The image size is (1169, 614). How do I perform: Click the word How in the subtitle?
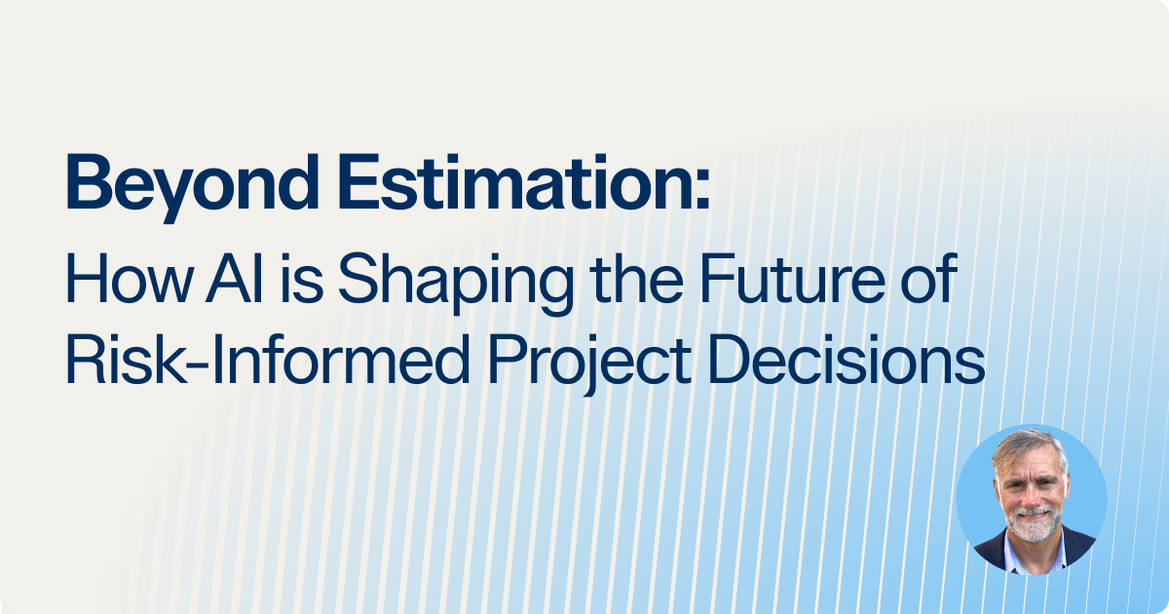point(129,279)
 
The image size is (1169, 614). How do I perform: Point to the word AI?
point(235,279)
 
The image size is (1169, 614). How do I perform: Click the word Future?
point(792,279)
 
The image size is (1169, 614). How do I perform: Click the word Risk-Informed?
point(268,360)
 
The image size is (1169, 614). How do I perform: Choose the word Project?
point(590,364)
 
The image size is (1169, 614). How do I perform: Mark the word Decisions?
point(848,360)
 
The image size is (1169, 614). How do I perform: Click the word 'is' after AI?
point(302,279)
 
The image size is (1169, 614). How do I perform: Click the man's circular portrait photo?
point(1032,500)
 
